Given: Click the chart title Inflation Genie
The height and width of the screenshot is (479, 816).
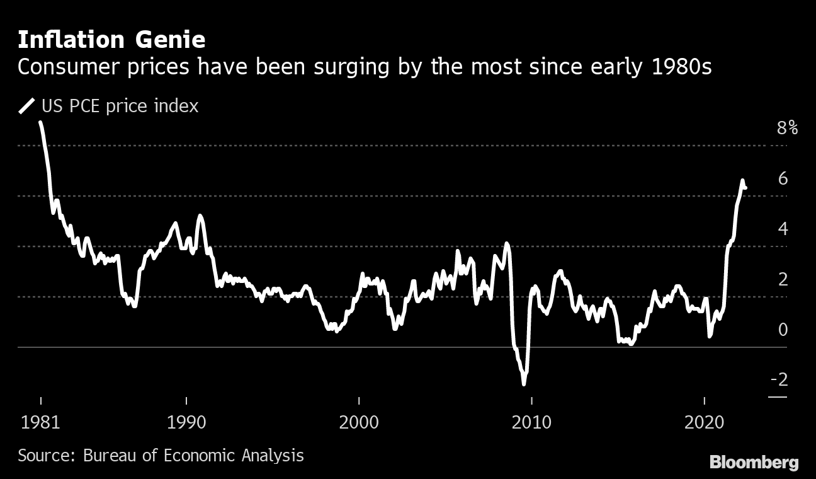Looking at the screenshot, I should pos(111,40).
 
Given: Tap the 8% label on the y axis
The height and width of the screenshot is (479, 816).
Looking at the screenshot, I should pos(787,129).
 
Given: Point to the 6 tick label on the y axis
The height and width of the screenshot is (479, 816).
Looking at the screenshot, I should pos(783,179).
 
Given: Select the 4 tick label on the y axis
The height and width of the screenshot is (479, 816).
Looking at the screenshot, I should pos(783,229).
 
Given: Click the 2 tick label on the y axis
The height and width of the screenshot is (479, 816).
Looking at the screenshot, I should pos(783,279).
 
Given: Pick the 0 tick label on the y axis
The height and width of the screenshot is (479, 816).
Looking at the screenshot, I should pos(783,330).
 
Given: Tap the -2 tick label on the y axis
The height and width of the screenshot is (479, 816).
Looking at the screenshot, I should pos(779,379).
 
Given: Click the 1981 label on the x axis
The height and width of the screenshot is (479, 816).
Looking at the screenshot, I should pos(41,422).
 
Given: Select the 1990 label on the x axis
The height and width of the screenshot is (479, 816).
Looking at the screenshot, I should pos(187,422).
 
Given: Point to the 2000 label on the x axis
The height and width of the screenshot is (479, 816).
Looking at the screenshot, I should pos(359,422).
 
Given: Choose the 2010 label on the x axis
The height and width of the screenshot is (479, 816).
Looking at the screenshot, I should pos(531,422).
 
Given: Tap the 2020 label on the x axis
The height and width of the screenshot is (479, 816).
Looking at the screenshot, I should pos(704,422).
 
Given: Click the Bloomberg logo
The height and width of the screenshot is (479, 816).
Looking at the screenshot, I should pos(754,463).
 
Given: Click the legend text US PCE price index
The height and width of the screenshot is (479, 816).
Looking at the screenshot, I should pos(120,106).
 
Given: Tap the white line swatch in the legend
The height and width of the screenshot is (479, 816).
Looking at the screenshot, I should pos(27,106).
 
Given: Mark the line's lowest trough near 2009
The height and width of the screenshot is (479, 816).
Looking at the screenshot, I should pos(524,383).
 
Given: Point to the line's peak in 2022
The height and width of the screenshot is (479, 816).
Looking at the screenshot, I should pos(742,181).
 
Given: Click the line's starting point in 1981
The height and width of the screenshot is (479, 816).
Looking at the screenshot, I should pos(41,123).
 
